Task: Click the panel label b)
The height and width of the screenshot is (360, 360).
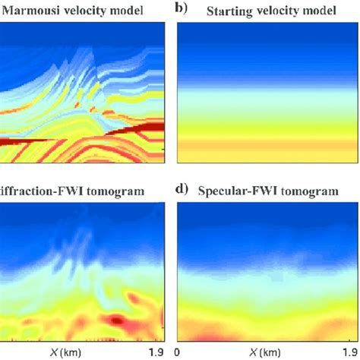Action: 182,9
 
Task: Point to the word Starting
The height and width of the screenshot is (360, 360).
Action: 229,9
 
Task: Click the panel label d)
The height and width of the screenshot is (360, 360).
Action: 182,192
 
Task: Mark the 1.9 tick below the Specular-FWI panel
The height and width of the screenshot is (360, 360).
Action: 345,352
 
